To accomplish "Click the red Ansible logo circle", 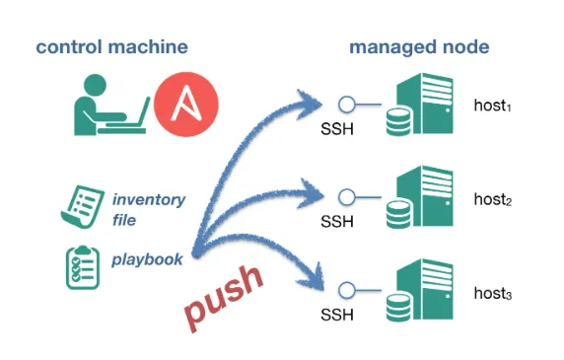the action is tap(186, 105).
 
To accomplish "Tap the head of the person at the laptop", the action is tap(95, 85).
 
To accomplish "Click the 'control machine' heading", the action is tap(111, 47).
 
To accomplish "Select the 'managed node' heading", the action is tap(419, 47).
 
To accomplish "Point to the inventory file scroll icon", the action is tap(83, 207).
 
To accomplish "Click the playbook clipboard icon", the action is tap(83, 267).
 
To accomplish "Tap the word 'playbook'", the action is tap(147, 259).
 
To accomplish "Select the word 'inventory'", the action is tap(149, 199).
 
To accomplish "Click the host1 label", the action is tap(492, 106).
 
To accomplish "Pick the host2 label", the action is tap(492, 199).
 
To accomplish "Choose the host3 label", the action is tap(492, 293).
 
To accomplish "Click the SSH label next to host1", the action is tap(337, 129).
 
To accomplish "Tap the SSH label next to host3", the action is tap(337, 315).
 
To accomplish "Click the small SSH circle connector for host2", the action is tap(347, 197).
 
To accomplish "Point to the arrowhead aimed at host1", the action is tap(310, 104).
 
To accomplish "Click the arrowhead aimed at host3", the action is tap(313, 278).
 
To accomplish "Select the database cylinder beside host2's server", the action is tap(398, 214).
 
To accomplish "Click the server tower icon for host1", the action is tap(425, 104).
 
